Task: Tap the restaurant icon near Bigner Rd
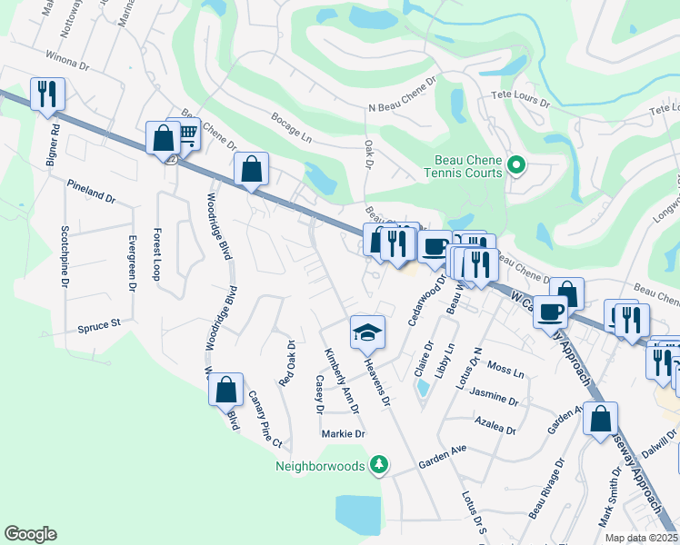45,94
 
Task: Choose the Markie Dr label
343,433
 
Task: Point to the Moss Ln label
505,372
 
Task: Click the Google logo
30,534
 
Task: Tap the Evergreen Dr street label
132,263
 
